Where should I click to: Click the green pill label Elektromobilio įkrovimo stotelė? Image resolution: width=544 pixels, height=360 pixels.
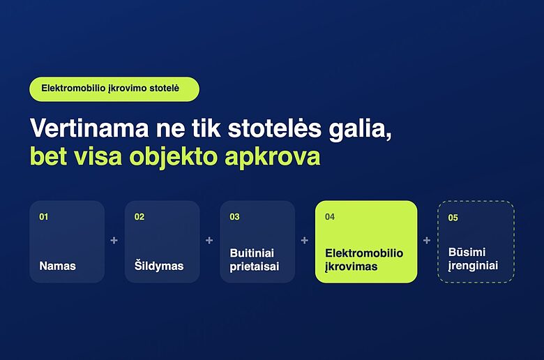[114, 89]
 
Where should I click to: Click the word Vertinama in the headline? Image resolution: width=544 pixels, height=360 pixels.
[89, 128]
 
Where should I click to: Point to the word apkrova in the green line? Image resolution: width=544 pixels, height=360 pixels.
[272, 157]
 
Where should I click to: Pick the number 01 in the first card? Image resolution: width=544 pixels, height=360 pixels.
[44, 217]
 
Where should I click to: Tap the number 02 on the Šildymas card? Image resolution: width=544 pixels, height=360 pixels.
[139, 217]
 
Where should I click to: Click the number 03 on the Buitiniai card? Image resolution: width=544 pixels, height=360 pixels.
[234, 217]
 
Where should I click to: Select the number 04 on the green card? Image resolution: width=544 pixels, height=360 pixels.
[330, 217]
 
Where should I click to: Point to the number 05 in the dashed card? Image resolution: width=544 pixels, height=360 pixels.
[453, 218]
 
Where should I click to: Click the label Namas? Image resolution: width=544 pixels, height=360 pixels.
[58, 266]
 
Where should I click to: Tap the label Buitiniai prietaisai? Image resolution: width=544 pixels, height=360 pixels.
[255, 260]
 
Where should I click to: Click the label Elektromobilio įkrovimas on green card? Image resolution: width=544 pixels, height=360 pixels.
[364, 260]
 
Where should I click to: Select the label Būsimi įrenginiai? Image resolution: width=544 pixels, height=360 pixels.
[474, 259]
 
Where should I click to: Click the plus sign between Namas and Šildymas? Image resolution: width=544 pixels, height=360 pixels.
[114, 240]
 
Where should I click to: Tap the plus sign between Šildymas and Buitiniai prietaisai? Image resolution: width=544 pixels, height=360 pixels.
[209, 240]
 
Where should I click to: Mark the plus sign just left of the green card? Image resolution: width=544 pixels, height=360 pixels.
[305, 240]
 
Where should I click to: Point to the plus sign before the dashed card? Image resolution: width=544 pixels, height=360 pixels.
[427, 240]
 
